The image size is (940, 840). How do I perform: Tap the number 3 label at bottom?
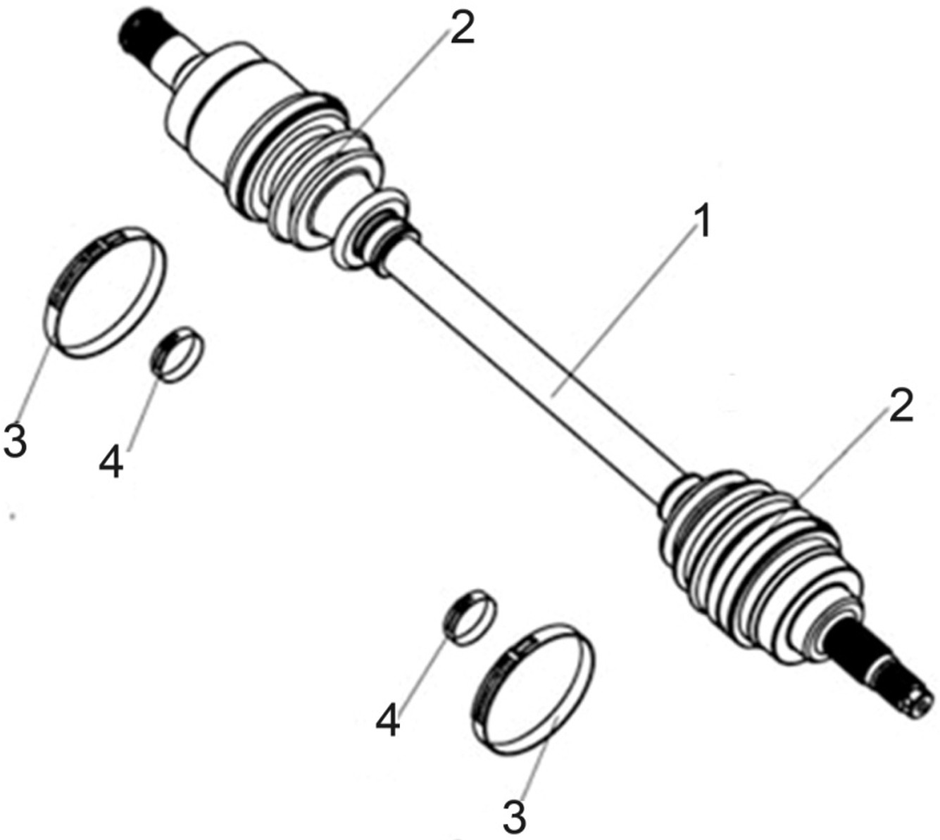pos(515,817)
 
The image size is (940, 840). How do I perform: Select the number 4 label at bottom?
pos(388,720)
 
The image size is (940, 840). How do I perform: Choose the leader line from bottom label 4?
pos(419,669)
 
